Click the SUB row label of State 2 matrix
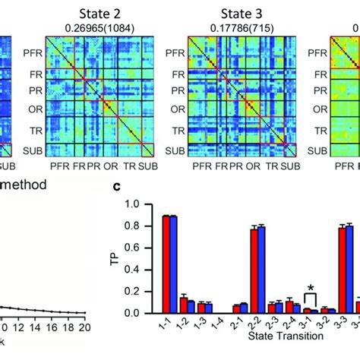pos(32,149)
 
